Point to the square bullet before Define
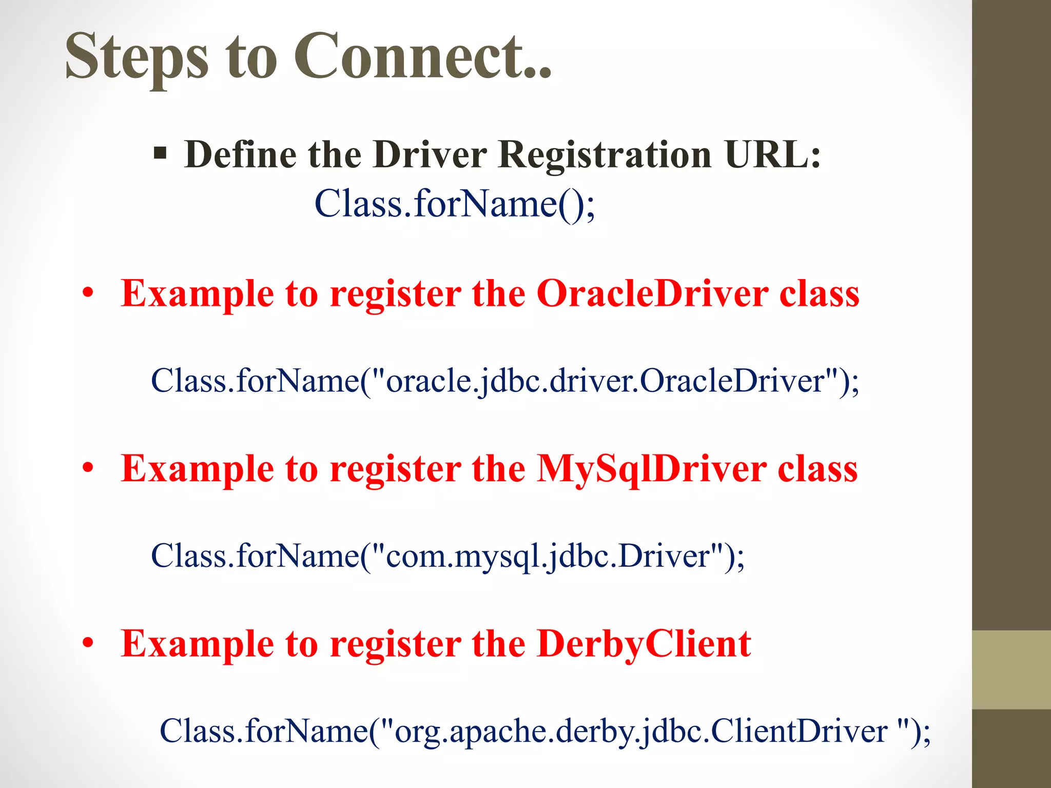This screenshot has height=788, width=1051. click(x=160, y=153)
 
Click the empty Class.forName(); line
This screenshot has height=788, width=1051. click(x=455, y=204)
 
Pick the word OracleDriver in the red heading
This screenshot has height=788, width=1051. click(x=652, y=293)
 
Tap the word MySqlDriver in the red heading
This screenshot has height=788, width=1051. click(x=651, y=469)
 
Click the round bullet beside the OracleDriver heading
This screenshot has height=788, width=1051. click(x=88, y=293)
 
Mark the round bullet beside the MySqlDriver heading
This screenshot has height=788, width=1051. click(x=88, y=468)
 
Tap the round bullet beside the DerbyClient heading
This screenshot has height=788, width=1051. click(x=88, y=643)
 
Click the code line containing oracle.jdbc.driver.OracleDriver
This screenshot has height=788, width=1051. click(x=505, y=381)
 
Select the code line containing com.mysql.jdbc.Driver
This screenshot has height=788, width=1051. click(x=447, y=556)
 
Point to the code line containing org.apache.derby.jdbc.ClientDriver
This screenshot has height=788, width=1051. click(x=545, y=731)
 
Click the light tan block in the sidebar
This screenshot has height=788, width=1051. click(x=1011, y=669)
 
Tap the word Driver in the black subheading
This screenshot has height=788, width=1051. click(x=430, y=154)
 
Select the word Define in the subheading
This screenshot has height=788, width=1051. click(x=240, y=154)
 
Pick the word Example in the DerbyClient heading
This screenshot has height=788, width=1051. click(x=198, y=644)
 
